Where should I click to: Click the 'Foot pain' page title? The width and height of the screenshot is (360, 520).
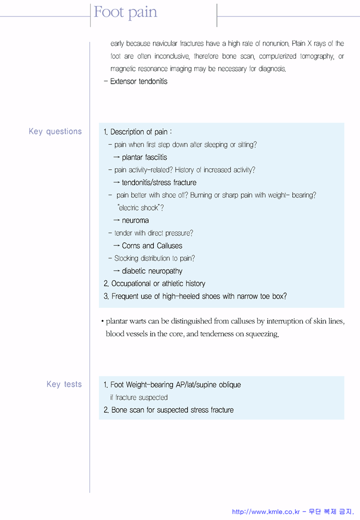tap(125, 12)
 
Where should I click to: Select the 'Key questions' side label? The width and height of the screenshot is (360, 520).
tap(55, 132)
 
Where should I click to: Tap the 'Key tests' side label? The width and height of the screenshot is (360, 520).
tap(64, 385)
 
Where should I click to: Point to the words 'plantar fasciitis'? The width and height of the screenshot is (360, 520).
tap(144, 158)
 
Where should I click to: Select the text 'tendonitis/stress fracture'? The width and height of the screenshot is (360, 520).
tap(159, 183)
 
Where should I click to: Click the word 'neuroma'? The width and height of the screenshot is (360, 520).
tap(135, 221)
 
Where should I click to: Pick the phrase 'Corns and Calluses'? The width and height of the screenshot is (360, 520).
tap(152, 246)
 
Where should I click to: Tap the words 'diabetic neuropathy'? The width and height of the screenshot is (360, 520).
tap(152, 271)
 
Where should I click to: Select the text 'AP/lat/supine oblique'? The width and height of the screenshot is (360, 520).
tap(208, 385)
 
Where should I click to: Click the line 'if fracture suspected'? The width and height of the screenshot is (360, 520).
tap(139, 398)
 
